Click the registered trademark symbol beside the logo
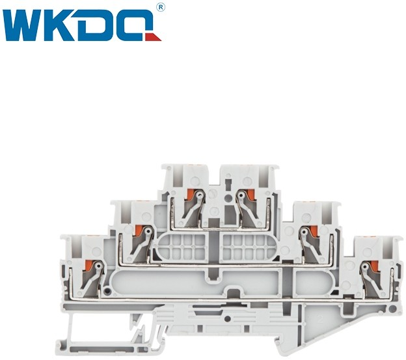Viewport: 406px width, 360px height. pos(161,8)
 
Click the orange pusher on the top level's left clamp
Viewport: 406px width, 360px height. pos(190,195)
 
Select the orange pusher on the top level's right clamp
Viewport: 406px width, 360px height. pos(250,195)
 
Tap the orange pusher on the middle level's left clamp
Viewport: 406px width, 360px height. pos(139,230)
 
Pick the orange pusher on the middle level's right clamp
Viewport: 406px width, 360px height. pos(314,230)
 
